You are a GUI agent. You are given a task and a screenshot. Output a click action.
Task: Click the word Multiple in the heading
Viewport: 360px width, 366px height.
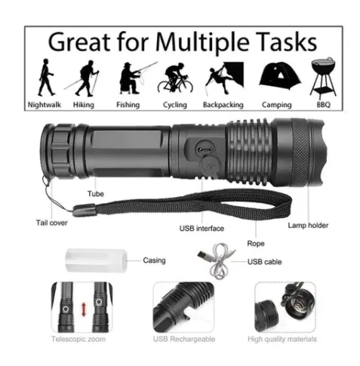(202, 42)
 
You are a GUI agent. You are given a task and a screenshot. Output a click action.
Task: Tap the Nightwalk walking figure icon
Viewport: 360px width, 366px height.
(45, 77)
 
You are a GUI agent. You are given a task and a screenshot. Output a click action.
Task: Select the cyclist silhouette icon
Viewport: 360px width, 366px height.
(175, 78)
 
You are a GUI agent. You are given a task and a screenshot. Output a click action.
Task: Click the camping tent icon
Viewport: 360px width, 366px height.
(279, 75)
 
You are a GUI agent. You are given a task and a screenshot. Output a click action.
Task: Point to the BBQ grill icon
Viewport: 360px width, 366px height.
(323, 78)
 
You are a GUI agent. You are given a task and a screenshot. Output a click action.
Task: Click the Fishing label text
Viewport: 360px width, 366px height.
(128, 105)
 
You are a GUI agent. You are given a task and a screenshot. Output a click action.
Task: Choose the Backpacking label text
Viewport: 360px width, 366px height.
(223, 105)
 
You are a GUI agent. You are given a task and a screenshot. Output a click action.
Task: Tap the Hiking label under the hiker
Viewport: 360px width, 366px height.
(84, 105)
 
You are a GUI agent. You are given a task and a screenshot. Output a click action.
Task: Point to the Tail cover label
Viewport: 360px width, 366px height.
(51, 223)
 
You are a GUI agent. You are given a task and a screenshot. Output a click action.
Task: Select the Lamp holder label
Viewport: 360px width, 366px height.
(308, 225)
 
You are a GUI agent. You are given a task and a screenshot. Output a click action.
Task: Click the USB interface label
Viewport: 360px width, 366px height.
(202, 229)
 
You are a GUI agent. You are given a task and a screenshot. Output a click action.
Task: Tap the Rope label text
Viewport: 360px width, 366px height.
(256, 244)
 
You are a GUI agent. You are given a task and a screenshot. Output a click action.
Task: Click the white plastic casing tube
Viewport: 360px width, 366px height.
(96, 260)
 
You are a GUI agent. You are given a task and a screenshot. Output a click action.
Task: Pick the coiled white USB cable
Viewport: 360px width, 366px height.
(217, 260)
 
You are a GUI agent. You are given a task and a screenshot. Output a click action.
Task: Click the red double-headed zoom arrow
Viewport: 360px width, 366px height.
(84, 309)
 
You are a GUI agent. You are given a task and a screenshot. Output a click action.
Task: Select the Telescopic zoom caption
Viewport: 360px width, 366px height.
(78, 339)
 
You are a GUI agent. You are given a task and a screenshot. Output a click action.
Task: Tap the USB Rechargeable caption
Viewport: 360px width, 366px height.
(184, 339)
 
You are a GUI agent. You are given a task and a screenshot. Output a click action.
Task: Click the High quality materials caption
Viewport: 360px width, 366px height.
(282, 340)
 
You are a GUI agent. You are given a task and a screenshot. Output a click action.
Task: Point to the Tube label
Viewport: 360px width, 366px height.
(96, 194)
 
